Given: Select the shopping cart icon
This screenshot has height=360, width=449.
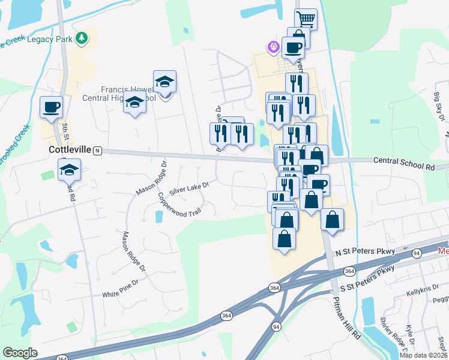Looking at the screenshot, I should click(306, 19).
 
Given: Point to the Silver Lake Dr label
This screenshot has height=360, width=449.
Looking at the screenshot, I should click(188, 188).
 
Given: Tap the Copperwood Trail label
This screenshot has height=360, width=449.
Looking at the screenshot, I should click(178, 205).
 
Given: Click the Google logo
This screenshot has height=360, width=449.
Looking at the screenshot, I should click(20, 352).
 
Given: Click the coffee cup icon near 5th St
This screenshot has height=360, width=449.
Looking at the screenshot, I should click(51, 107).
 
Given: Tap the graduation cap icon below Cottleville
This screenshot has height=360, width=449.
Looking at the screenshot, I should click(70, 170).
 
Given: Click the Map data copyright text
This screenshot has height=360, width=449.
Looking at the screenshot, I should click(423, 355).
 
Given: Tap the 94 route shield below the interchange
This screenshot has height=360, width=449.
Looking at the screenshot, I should click(276, 326).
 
